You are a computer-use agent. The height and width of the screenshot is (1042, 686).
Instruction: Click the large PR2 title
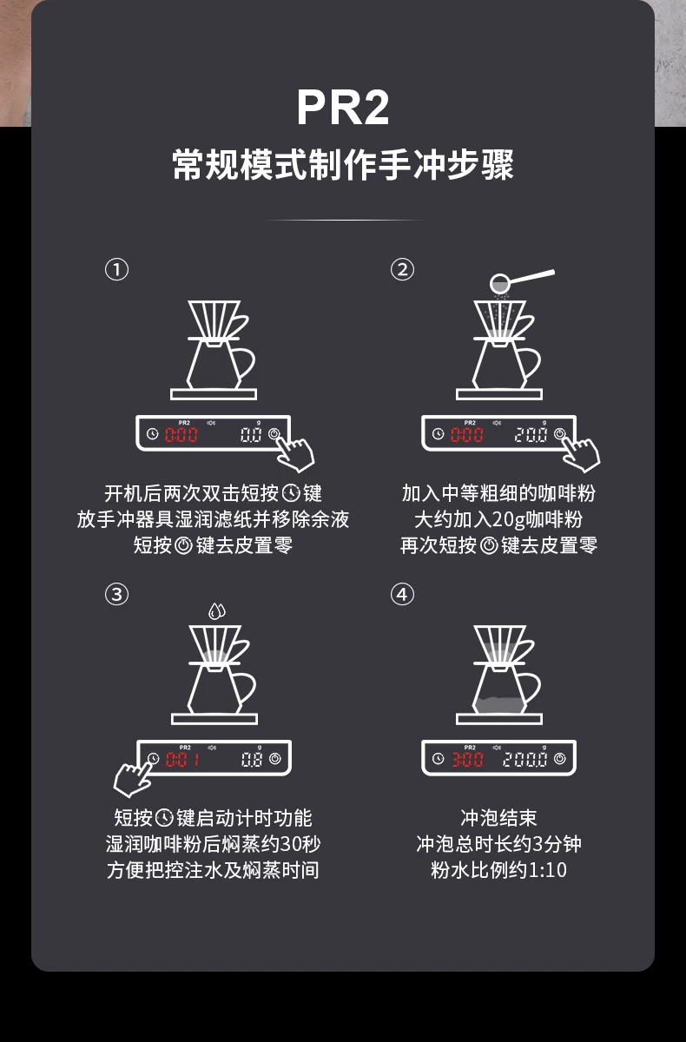(343, 108)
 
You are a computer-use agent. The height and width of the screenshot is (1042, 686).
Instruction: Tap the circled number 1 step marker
(116, 270)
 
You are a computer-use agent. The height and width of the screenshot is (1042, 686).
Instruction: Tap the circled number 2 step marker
(402, 270)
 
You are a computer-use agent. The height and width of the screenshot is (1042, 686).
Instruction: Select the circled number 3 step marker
(116, 595)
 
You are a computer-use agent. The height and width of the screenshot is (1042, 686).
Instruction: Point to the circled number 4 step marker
(402, 595)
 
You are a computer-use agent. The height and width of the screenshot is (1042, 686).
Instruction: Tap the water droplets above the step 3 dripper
(217, 610)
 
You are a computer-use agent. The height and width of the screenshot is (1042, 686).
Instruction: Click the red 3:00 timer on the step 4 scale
(467, 760)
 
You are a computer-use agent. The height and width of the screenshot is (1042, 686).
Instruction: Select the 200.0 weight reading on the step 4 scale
(525, 760)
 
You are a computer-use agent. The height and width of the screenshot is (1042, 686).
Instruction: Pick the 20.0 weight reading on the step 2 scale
(531, 435)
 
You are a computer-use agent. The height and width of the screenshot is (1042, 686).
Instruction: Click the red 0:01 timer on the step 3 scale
(181, 760)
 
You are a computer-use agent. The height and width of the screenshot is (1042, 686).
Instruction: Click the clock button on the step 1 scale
(153, 434)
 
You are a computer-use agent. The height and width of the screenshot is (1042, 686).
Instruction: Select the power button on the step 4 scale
(560, 759)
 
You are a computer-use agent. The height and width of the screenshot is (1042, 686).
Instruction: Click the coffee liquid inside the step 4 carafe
(499, 705)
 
